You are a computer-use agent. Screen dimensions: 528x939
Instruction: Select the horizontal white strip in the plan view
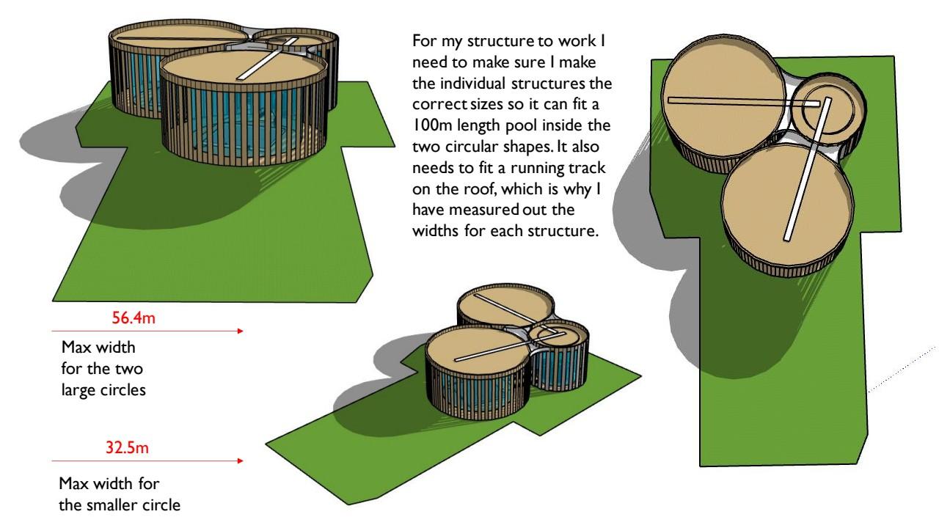pyautogui.click(x=734, y=100)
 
